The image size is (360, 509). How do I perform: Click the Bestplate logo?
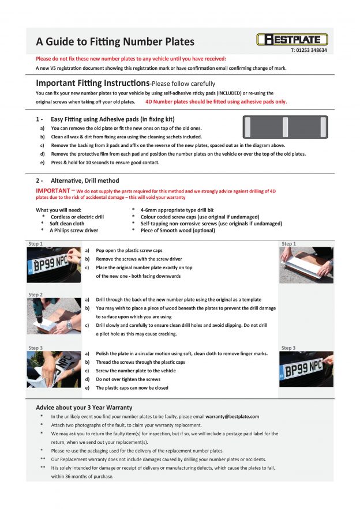tap(292, 39)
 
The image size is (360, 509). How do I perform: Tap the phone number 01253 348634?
tap(309, 51)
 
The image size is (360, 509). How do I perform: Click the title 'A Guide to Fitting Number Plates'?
tap(115, 42)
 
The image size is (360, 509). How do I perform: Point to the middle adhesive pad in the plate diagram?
tap(284, 126)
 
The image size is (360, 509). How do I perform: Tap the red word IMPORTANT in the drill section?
tap(52, 190)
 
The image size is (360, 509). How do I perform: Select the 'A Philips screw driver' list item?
tap(74, 230)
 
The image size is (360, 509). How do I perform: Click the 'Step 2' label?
tap(35, 295)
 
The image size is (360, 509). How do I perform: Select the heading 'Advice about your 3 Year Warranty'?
tap(84, 407)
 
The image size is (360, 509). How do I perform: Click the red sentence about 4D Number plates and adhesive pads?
tap(216, 101)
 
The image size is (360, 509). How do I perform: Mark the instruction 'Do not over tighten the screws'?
tap(128, 379)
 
